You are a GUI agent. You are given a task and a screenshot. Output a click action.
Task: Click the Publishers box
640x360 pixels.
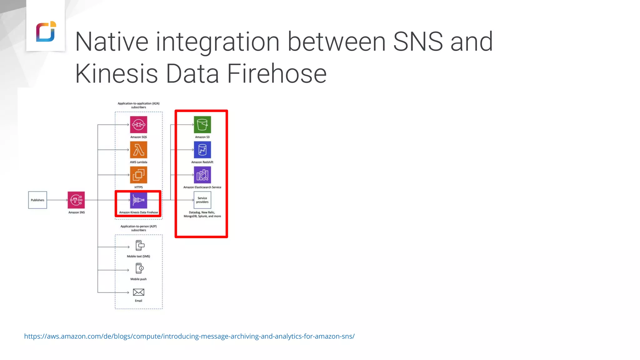pos(37,200)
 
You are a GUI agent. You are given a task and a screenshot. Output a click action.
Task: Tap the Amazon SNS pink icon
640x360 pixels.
pos(76,200)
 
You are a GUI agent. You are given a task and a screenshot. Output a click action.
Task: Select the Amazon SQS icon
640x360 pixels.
pos(138,125)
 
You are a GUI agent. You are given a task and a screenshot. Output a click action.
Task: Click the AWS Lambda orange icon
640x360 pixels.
pos(138,150)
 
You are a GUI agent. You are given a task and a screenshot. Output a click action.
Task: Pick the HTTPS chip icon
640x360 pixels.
pos(138,175)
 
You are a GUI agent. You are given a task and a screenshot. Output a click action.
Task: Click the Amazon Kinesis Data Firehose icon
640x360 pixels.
pos(138,200)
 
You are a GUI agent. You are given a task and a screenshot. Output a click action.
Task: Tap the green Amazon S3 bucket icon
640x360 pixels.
pos(202,125)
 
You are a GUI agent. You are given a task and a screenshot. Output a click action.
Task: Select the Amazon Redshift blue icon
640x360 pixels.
pos(202,150)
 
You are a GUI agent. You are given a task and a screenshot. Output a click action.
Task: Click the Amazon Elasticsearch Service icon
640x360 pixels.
pos(202,175)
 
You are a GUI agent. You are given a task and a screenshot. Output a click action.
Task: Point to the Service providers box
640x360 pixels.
pos(202,200)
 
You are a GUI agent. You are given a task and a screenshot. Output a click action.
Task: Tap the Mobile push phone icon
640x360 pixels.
pos(139,268)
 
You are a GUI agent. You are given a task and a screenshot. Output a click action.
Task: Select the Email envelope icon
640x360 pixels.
pos(138,292)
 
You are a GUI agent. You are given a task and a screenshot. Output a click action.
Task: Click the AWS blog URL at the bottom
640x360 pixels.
pos(189,337)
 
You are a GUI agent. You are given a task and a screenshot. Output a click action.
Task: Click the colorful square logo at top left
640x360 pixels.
pos(46,31)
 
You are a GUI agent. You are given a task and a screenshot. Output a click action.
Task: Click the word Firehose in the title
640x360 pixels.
pos(277,74)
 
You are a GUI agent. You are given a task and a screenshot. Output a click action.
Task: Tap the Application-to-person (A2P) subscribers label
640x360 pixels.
pos(138,228)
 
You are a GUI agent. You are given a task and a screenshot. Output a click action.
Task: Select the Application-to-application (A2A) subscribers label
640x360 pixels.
pos(138,105)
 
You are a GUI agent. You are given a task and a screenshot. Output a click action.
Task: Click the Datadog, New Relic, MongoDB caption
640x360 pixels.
pos(202,214)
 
